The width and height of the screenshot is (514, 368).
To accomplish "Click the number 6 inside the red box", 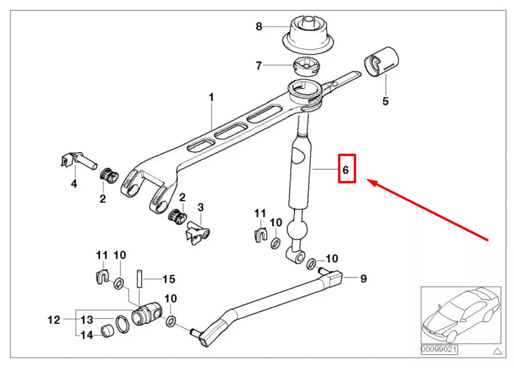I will [x=345, y=170].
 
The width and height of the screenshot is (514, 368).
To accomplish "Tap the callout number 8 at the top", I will [x=259, y=27].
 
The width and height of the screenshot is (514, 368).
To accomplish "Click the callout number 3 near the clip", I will [x=201, y=206].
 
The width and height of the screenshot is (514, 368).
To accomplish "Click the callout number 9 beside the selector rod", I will [x=364, y=279].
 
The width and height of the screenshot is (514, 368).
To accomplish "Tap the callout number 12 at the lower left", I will [x=55, y=320].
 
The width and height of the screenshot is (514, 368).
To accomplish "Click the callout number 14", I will [x=87, y=335].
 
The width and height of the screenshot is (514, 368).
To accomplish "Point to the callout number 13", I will [x=87, y=320].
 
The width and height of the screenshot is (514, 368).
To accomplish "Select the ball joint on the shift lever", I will [x=296, y=229].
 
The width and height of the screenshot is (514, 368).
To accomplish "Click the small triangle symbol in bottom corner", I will [x=497, y=350].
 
